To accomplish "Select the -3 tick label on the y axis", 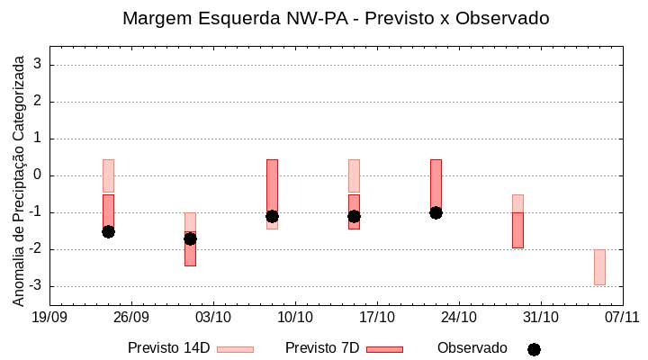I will pos(36,286).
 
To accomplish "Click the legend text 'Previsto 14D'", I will pos(168,348).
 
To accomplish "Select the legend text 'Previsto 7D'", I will pos(322,348).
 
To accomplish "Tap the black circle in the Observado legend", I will pos(534,349).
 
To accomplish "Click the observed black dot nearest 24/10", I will pos(436,212).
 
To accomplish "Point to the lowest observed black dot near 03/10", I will pos(190,238).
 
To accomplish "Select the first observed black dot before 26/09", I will pos(108,231).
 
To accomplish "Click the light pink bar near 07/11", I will pos(599,267).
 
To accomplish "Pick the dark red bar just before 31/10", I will pos(517,230).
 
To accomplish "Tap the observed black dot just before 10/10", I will pos(272,216).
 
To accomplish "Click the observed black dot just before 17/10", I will pos(354,216).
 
